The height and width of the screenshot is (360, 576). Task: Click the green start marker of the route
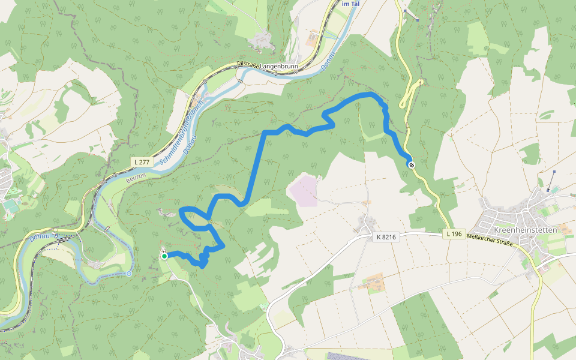[x=164, y=256]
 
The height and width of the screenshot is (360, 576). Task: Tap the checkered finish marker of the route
[x=411, y=164]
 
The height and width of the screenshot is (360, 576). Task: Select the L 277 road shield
[x=142, y=162]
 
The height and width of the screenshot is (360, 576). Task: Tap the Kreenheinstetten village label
[x=524, y=230]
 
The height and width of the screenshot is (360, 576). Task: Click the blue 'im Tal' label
[x=350, y=4]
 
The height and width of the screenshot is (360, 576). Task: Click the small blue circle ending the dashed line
[x=128, y=274]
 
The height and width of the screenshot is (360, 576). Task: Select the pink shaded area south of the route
[x=303, y=190]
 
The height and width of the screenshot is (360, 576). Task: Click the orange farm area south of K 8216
[x=374, y=281]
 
